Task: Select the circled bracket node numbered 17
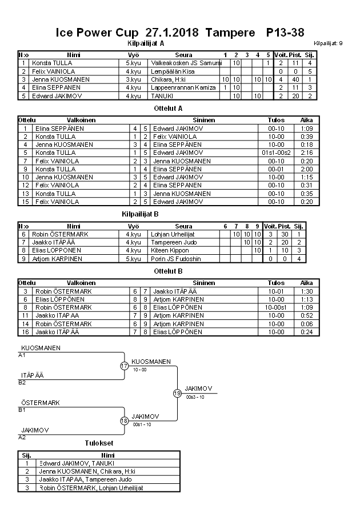(124, 366)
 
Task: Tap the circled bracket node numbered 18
(124, 421)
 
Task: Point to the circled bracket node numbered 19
(177, 393)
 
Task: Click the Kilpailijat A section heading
(146, 43)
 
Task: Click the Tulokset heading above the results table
(99, 443)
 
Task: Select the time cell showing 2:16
(306, 153)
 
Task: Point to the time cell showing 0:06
(306, 323)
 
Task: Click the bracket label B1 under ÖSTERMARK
(22, 410)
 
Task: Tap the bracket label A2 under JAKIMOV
(22, 437)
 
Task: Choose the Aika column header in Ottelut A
(306, 121)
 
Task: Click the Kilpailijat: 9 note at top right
(328, 43)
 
